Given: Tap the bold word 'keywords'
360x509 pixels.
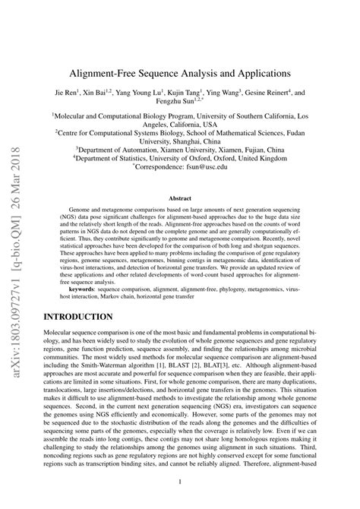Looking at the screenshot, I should (84, 268).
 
